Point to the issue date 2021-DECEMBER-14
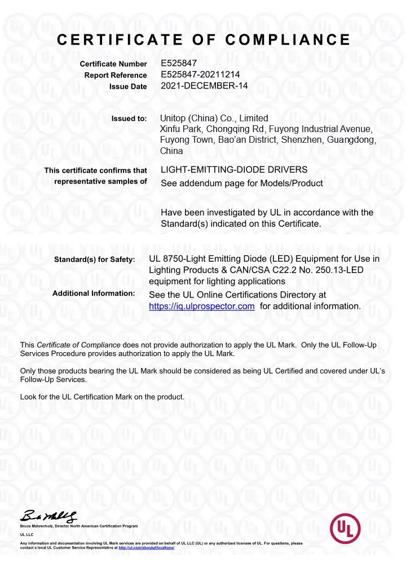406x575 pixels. coord(205,86)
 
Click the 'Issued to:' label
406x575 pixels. coord(129,119)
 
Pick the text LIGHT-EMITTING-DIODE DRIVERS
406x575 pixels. coord(234,170)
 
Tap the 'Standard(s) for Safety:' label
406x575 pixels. coord(94,260)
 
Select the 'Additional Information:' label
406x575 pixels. coord(94,293)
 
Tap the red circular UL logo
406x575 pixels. coord(345,528)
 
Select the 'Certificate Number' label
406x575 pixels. coord(113,65)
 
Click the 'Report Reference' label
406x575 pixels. coord(116,76)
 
